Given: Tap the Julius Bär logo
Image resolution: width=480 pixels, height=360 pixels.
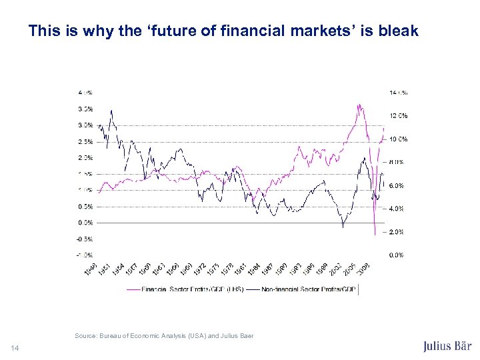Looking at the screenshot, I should (x=447, y=347).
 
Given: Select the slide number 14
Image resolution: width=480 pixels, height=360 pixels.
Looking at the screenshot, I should (x=15, y=347).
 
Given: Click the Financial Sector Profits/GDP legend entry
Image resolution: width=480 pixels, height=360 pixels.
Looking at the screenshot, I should (x=191, y=289).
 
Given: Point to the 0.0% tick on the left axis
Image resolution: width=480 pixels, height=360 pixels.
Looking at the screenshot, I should (x=85, y=223).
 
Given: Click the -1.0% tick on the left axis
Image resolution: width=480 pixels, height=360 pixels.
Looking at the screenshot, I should (x=84, y=255).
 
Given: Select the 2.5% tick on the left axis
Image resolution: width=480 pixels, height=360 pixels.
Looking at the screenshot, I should (x=85, y=142).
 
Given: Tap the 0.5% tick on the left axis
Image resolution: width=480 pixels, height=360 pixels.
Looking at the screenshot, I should (x=85, y=207).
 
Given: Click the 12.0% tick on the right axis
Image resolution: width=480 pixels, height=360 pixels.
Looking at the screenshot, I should (x=398, y=116).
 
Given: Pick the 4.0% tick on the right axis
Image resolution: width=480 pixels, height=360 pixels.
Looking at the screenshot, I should (x=396, y=209).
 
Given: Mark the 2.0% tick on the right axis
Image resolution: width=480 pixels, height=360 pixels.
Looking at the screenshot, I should (x=396, y=232).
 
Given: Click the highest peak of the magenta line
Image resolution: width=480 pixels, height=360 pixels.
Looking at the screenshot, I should (x=359, y=104).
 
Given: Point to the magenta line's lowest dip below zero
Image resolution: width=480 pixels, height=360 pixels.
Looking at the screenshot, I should (x=375, y=234).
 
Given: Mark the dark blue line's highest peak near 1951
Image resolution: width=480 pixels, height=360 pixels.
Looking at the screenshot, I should (x=111, y=110).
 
